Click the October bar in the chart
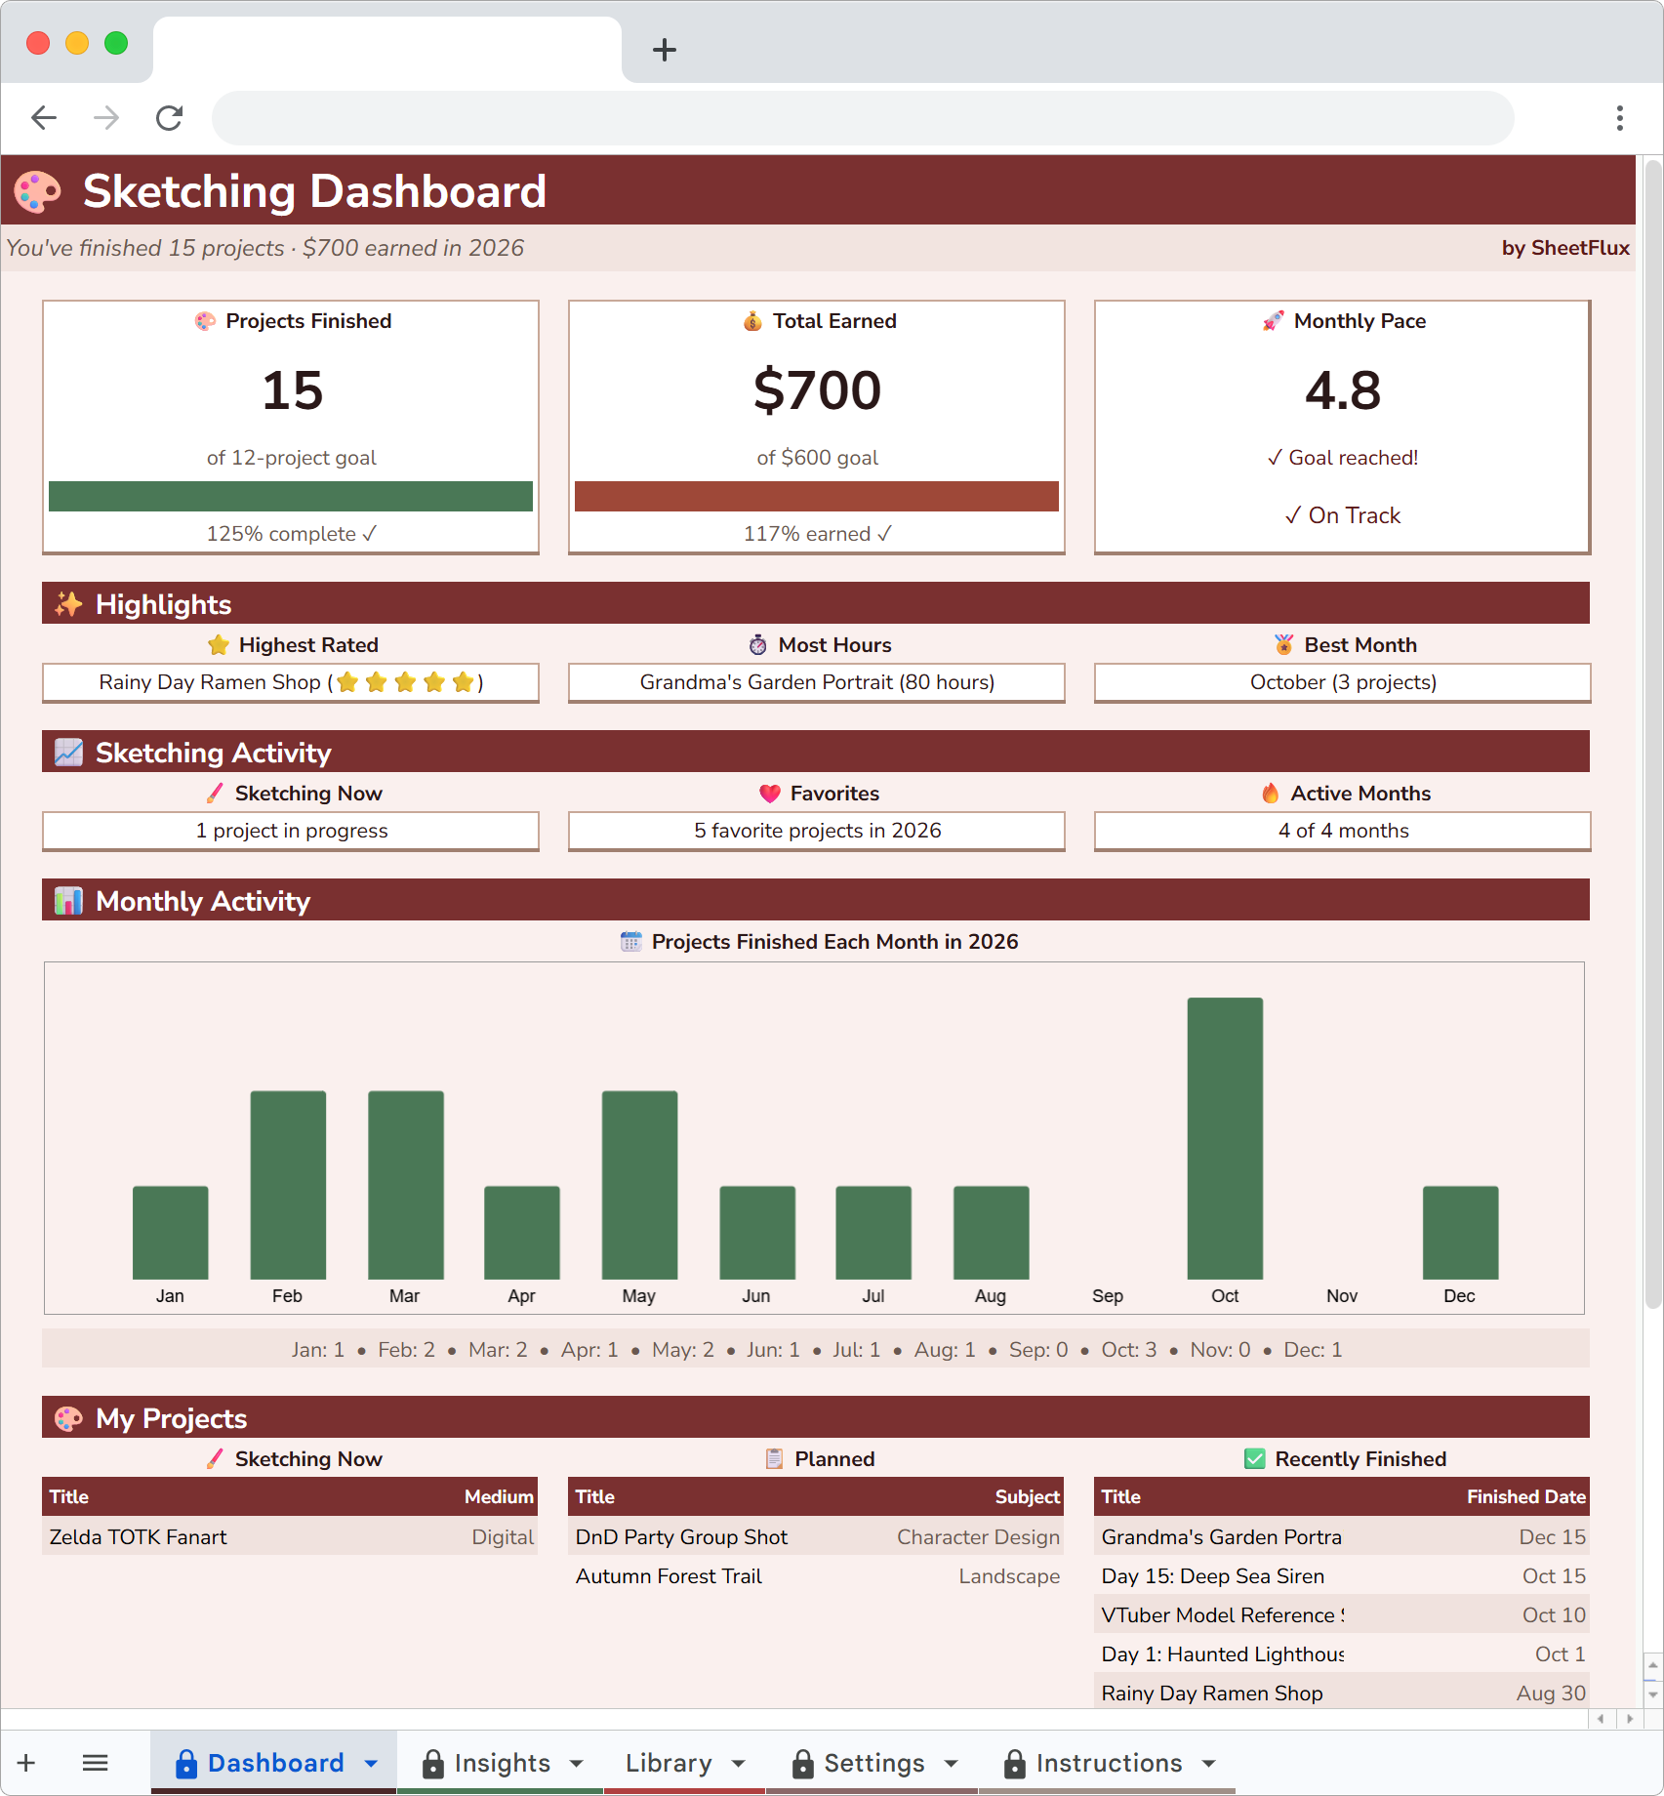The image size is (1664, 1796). pos(1225,1138)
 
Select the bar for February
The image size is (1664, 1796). pos(288,1184)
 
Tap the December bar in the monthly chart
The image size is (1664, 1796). pos(1460,1232)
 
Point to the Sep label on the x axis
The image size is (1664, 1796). pos(1108,1296)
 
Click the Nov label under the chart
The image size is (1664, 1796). pos(1342,1296)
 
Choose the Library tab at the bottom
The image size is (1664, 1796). pos(670,1763)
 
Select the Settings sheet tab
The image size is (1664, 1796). pos(873,1763)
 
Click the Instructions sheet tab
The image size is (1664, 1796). pos(1109,1763)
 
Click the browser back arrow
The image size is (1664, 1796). pos(44,118)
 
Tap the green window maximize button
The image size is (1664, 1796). pos(116,43)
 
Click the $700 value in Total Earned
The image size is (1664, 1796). pos(817,390)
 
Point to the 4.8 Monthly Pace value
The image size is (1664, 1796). pos(1343,390)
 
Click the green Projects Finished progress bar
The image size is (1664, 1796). pos(291,496)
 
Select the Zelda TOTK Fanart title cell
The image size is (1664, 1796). pos(139,1537)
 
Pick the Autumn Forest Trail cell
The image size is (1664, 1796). pos(670,1576)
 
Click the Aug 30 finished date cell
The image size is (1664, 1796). pos(1550,1694)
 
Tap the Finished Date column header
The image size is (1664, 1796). pos(1525,1496)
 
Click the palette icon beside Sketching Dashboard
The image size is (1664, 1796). pos(38,191)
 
